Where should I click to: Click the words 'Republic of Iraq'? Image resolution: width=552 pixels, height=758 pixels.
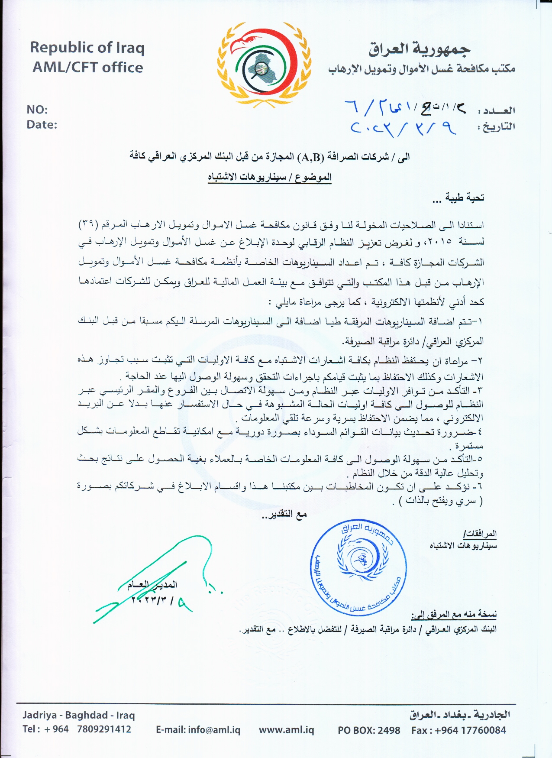(x=87, y=47)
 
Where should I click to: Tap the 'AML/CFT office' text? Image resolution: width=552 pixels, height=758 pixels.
(x=88, y=68)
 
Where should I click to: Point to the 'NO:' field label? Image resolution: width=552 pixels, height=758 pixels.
(x=37, y=110)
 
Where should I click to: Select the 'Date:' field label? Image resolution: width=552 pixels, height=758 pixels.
(x=42, y=125)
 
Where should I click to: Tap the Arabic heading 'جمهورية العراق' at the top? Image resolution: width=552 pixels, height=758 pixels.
(x=420, y=49)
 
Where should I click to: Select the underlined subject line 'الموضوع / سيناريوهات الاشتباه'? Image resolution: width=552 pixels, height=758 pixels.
(x=269, y=178)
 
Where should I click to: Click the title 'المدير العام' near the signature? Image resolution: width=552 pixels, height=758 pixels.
(x=152, y=585)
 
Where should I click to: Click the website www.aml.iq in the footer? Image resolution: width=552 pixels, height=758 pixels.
(x=286, y=729)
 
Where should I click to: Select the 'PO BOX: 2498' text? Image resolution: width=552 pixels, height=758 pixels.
(x=369, y=730)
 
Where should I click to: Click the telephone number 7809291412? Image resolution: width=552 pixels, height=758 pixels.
(x=104, y=729)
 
